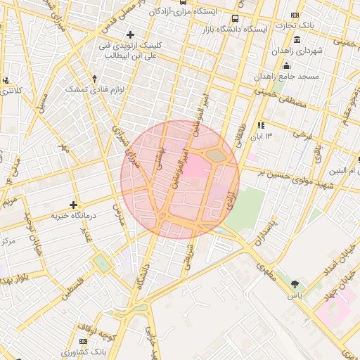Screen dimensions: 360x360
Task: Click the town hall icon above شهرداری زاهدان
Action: (297, 38)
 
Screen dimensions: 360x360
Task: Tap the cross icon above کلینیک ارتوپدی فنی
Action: (129, 34)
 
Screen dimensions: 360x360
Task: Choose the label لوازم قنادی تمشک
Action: (95, 89)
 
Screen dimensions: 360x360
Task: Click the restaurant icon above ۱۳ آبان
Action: (260, 125)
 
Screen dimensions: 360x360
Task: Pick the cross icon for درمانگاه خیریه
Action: (73, 205)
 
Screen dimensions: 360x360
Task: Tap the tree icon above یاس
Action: (295, 285)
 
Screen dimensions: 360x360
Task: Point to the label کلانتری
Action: (10, 91)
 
